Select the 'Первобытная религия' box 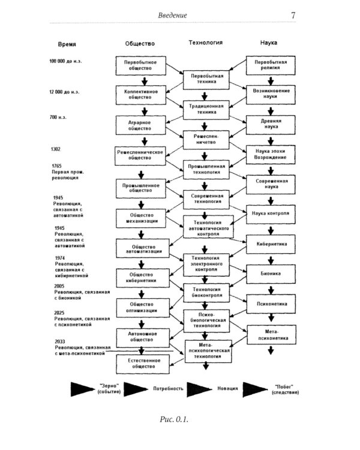270,66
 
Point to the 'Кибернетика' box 270,244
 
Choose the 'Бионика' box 270,274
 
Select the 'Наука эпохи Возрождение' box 270,154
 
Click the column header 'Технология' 206,43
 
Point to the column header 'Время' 67,44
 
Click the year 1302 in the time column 56,149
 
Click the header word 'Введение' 172,16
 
